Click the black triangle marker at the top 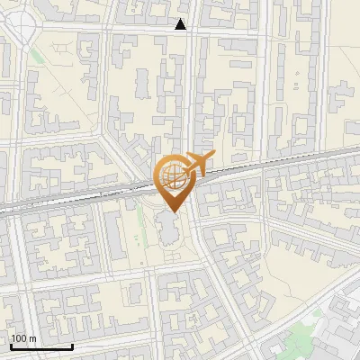point(181,25)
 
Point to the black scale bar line point(40,346)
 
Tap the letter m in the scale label point(33,338)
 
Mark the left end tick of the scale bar point(11,345)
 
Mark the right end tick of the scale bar point(71,345)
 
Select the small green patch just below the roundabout point(36,57)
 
